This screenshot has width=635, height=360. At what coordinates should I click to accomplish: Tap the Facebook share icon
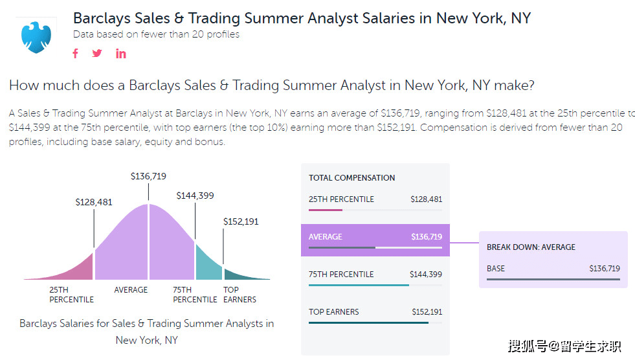75,54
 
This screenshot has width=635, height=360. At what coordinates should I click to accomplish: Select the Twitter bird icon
97,54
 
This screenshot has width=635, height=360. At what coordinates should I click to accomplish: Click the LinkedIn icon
120,54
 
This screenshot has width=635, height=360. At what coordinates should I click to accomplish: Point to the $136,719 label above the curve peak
148,176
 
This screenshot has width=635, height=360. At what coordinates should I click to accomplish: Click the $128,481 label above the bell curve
94,202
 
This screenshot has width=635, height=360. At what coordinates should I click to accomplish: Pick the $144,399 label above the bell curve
195,196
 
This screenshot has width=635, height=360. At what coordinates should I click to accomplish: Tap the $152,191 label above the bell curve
241,221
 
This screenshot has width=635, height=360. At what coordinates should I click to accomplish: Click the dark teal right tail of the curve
242,275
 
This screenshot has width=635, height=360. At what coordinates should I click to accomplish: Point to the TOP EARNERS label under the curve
240,295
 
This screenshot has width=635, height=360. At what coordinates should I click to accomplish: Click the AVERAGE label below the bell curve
131,290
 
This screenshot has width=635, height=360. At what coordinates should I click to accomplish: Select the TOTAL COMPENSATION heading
351,178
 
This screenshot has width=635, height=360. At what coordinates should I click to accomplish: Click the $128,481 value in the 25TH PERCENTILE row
426,199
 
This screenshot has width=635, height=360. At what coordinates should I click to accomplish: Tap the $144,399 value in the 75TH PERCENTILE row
426,275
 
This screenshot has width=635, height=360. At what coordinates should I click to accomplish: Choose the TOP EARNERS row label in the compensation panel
334,312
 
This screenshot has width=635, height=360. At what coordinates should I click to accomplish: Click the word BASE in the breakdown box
496,269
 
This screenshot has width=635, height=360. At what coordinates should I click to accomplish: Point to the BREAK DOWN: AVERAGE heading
531,247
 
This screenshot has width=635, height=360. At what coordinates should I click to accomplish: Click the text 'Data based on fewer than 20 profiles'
156,34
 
